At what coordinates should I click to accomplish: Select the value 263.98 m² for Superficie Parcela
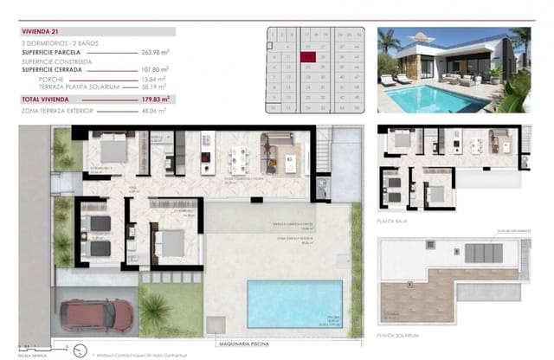(154, 52)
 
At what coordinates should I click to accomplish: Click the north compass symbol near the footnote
(80, 350)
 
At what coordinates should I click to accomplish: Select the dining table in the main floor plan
(238, 157)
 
